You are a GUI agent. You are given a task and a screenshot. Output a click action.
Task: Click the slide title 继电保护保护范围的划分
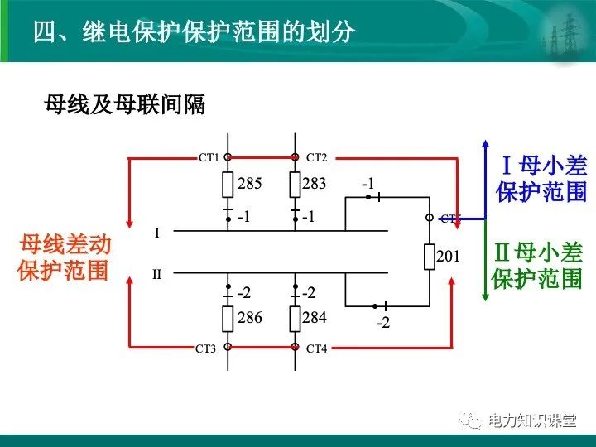pyautogui.click(x=194, y=31)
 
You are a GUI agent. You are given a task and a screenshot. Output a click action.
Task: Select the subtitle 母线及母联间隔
pyautogui.click(x=124, y=105)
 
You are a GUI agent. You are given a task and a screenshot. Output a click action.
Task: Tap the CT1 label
pyautogui.click(x=209, y=156)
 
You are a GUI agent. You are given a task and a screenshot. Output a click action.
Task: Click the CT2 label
pyautogui.click(x=317, y=156)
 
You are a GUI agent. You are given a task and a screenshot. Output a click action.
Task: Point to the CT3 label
pyautogui.click(x=205, y=348)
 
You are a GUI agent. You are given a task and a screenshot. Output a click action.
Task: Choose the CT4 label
pyautogui.click(x=317, y=348)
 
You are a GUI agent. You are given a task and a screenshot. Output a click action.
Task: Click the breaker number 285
pyautogui.click(x=249, y=184)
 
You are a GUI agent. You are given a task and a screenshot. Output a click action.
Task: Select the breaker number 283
pyautogui.click(x=314, y=184)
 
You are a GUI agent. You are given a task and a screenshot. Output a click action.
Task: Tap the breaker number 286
pyautogui.click(x=249, y=317)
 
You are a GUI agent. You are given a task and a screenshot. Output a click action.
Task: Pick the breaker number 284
pyautogui.click(x=314, y=317)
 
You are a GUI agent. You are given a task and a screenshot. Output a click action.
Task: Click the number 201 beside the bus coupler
pyautogui.click(x=448, y=257)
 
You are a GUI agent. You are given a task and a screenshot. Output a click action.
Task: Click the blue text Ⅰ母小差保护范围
pyautogui.click(x=542, y=179)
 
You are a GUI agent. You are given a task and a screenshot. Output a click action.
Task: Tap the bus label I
pyautogui.click(x=157, y=233)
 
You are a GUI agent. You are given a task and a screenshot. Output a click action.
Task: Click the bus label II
pyautogui.click(x=157, y=274)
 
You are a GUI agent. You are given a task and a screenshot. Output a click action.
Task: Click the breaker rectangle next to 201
pyautogui.click(x=430, y=257)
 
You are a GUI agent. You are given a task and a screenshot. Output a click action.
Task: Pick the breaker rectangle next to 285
pyautogui.click(x=228, y=185)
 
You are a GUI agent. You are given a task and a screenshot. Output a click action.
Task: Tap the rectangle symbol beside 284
pyautogui.click(x=295, y=318)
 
